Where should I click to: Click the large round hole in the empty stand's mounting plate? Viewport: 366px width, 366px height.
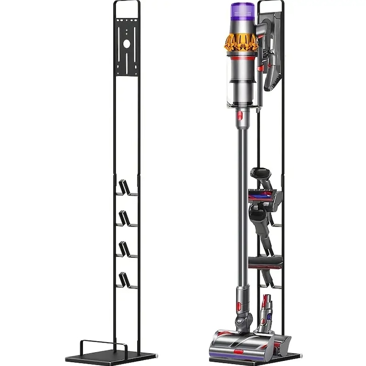click(x=127, y=44)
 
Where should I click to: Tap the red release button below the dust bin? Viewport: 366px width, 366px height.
click(x=239, y=116)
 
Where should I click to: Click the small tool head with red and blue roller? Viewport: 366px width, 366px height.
click(x=265, y=194)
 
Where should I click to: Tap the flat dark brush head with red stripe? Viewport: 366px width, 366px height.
click(x=265, y=262)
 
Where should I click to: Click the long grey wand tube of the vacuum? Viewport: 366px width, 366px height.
click(x=243, y=203)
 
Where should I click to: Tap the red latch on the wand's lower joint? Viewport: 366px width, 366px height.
click(x=238, y=306)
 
